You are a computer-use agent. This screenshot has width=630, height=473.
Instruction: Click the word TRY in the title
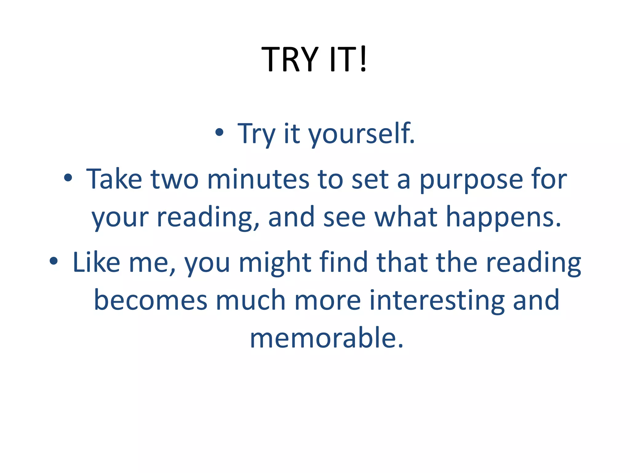click(289, 59)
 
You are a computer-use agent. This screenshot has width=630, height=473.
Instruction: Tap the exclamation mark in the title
click(363, 59)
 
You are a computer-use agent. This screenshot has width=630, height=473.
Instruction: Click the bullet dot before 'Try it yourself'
click(219, 133)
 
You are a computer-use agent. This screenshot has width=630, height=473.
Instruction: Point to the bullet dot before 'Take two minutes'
click(68, 178)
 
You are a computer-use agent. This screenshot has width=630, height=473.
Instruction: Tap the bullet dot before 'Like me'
click(54, 261)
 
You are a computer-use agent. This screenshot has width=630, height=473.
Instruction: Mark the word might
click(275, 263)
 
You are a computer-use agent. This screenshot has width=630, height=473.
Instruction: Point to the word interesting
click(437, 301)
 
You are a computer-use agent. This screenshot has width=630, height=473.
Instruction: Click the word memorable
click(326, 338)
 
